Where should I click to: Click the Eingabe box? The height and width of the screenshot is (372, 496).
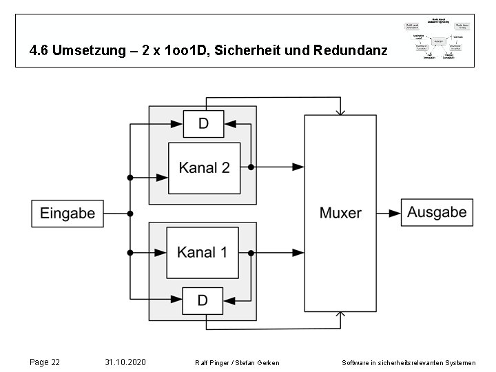click(68, 214)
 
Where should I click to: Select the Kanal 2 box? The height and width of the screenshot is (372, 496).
click(204, 167)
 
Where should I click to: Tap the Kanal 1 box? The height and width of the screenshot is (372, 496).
click(202, 252)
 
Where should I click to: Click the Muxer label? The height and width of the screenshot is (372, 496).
click(340, 212)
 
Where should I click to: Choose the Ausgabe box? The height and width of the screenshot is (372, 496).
click(437, 213)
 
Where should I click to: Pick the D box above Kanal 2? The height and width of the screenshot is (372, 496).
click(203, 124)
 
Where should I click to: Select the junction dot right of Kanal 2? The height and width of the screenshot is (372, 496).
click(251, 167)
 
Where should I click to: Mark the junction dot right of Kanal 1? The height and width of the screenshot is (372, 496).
click(251, 252)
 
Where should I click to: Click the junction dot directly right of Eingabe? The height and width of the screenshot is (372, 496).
click(130, 214)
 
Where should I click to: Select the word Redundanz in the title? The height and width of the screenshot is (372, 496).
click(353, 51)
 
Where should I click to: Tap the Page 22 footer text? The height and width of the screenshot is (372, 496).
click(45, 362)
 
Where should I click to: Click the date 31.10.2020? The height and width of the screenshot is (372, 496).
click(125, 362)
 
